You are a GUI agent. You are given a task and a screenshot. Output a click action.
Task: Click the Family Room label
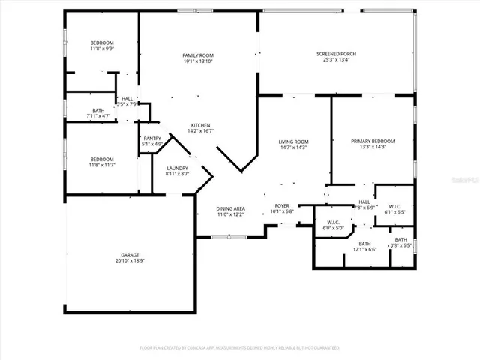[x=199, y=56]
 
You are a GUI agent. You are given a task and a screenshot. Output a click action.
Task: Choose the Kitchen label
[x=200, y=124]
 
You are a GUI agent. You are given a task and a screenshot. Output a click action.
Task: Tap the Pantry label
[x=152, y=138]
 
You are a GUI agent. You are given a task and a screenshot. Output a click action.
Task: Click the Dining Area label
[x=231, y=208]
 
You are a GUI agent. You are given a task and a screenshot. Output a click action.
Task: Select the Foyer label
[x=282, y=205]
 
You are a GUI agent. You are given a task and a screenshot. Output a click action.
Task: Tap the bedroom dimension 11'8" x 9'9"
[x=102, y=49]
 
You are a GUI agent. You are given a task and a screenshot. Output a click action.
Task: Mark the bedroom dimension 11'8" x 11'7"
[x=102, y=164]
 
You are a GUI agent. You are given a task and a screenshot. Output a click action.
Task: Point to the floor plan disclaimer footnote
[x=240, y=347]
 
